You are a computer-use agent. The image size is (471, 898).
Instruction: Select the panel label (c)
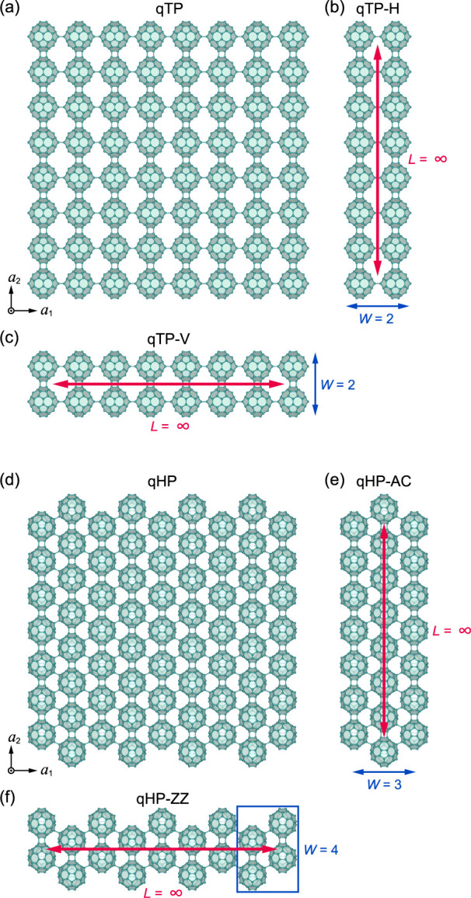(x=12, y=337)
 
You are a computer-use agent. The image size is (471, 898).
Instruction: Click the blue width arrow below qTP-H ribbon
(x=378, y=307)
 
